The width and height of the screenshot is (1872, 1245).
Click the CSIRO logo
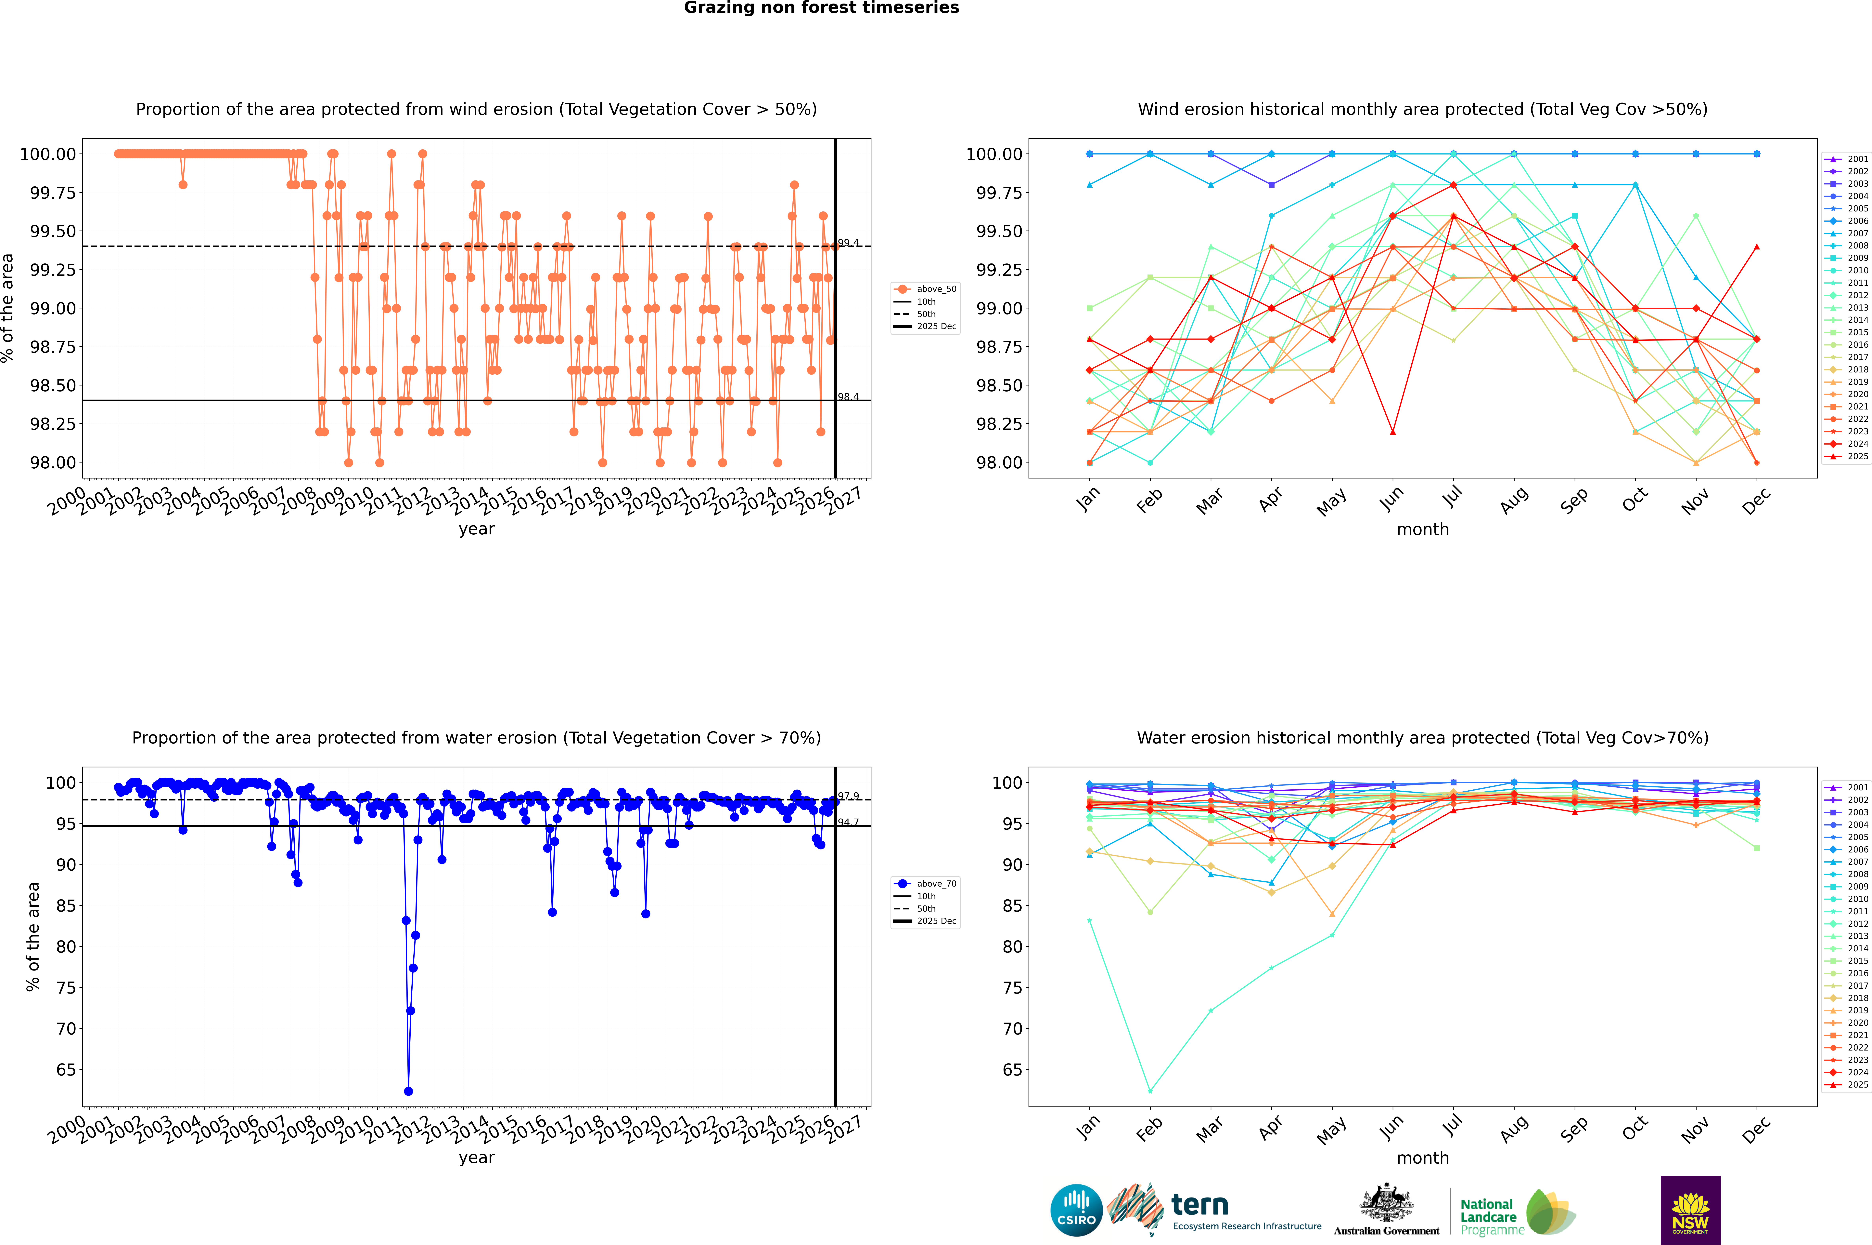click(x=1076, y=1210)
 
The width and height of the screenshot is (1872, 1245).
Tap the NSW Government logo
click(x=1690, y=1210)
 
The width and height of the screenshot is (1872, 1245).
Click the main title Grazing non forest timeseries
click(x=821, y=8)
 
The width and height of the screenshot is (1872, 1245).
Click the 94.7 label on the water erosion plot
click(x=848, y=822)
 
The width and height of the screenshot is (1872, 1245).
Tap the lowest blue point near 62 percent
click(x=409, y=1091)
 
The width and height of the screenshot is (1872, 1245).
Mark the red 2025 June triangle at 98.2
click(x=1393, y=432)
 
